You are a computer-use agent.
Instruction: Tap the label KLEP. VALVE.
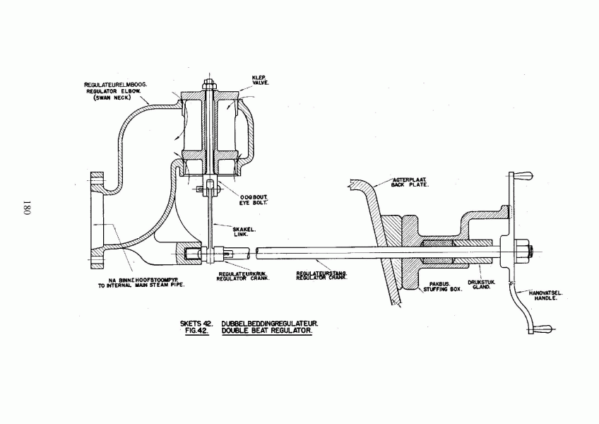pyautogui.click(x=261, y=81)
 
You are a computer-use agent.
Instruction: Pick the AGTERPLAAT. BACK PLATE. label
pyautogui.click(x=410, y=182)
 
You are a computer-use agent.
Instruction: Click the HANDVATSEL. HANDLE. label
pyautogui.click(x=545, y=295)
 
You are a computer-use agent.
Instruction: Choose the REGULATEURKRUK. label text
pyautogui.click(x=242, y=273)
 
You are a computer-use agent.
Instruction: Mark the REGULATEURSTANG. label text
pyautogui.click(x=321, y=273)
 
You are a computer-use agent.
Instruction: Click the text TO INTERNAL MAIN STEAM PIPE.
pyautogui.click(x=141, y=285)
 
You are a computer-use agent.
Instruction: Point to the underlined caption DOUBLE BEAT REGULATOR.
pyautogui.click(x=266, y=331)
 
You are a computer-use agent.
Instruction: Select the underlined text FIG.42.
pyautogui.click(x=196, y=331)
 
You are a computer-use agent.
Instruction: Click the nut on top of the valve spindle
pyautogui.click(x=208, y=83)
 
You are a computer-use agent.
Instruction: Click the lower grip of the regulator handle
pyautogui.click(x=540, y=329)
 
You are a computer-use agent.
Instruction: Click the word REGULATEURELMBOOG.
pyautogui.click(x=115, y=85)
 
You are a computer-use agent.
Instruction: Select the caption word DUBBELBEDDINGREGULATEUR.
pyautogui.click(x=270, y=324)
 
